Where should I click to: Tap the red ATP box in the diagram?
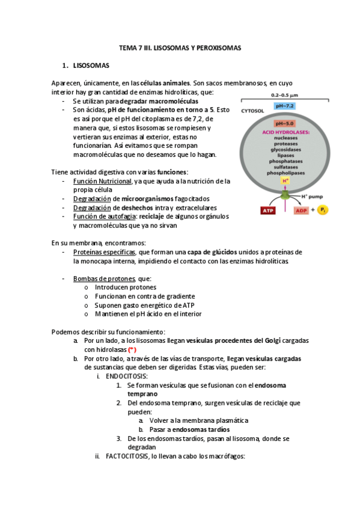(267, 210)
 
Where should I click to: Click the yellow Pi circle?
(323, 210)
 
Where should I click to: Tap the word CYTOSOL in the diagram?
(252, 111)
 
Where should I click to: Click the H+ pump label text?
(313, 196)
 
